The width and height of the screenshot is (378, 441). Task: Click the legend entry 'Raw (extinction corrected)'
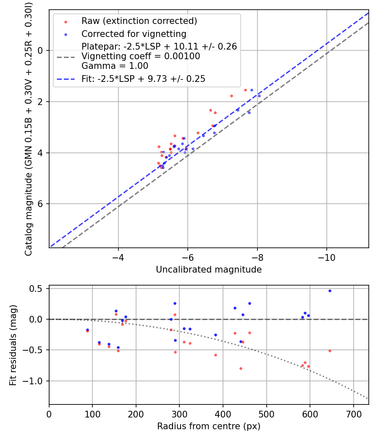pos(139,21)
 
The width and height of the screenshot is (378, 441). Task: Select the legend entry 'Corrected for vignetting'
pos(134,34)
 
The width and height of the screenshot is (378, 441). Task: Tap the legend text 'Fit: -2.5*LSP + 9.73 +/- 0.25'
pos(143,79)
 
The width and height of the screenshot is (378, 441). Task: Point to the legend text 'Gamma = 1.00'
pos(115,66)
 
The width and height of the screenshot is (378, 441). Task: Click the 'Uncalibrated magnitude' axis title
pos(209,270)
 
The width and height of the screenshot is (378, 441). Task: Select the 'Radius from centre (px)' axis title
pos(209,426)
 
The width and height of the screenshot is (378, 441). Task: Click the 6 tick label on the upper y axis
pos(40,204)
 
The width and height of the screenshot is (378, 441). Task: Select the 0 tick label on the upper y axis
pos(40,50)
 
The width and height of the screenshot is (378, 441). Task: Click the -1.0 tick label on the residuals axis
pos(36,381)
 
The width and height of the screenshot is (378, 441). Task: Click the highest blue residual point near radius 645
pos(330,291)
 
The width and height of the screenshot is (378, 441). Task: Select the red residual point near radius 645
pos(330,351)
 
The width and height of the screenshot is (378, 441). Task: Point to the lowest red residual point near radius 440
pos(241,368)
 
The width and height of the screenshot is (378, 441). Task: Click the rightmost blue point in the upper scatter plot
pos(259,96)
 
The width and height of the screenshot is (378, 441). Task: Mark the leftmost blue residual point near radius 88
pos(87,330)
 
